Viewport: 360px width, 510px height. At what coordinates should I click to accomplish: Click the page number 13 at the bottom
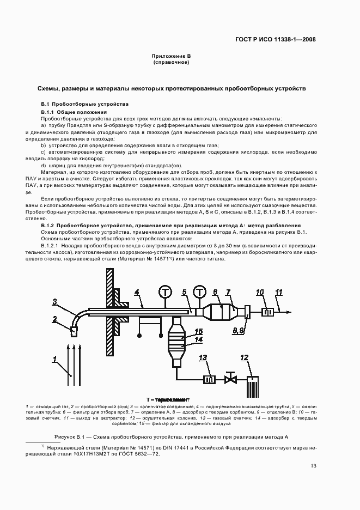tap(313, 465)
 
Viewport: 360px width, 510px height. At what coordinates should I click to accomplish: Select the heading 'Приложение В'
tap(172, 56)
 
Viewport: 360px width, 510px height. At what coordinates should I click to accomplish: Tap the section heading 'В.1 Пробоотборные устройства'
tap(84, 104)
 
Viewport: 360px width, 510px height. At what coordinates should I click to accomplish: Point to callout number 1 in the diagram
tap(55, 358)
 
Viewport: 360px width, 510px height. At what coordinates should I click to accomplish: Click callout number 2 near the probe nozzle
tap(70, 319)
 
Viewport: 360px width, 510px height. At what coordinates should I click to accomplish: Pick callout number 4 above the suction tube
tap(137, 292)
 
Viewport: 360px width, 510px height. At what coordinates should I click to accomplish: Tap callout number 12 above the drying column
tap(244, 357)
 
